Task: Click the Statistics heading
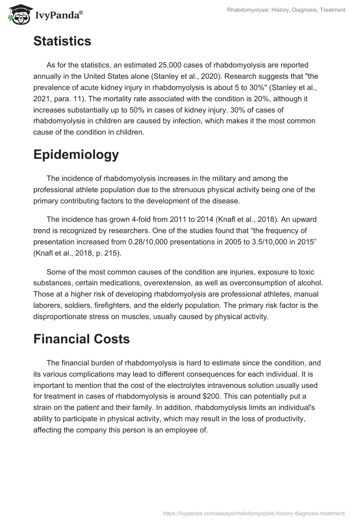62,41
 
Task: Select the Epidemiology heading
76,154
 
